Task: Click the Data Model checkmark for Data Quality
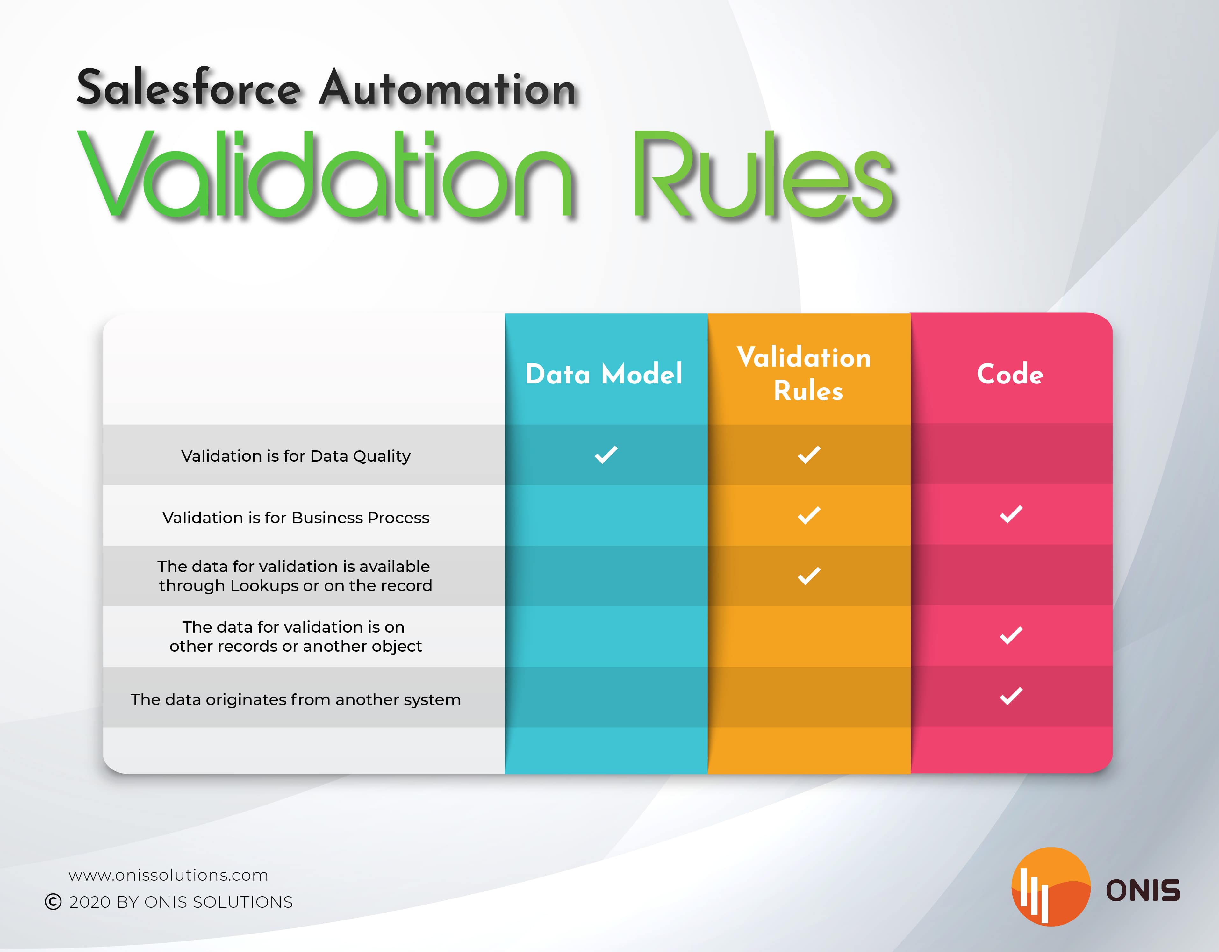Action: click(606, 455)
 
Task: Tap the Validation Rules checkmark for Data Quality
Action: click(809, 455)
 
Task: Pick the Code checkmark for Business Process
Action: click(1011, 514)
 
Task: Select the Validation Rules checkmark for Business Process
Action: click(809, 515)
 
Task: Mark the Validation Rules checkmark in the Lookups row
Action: click(809, 576)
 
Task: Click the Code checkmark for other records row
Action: click(1011, 635)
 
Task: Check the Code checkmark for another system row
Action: click(1011, 696)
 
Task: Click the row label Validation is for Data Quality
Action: click(296, 456)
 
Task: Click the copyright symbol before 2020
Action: click(53, 902)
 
